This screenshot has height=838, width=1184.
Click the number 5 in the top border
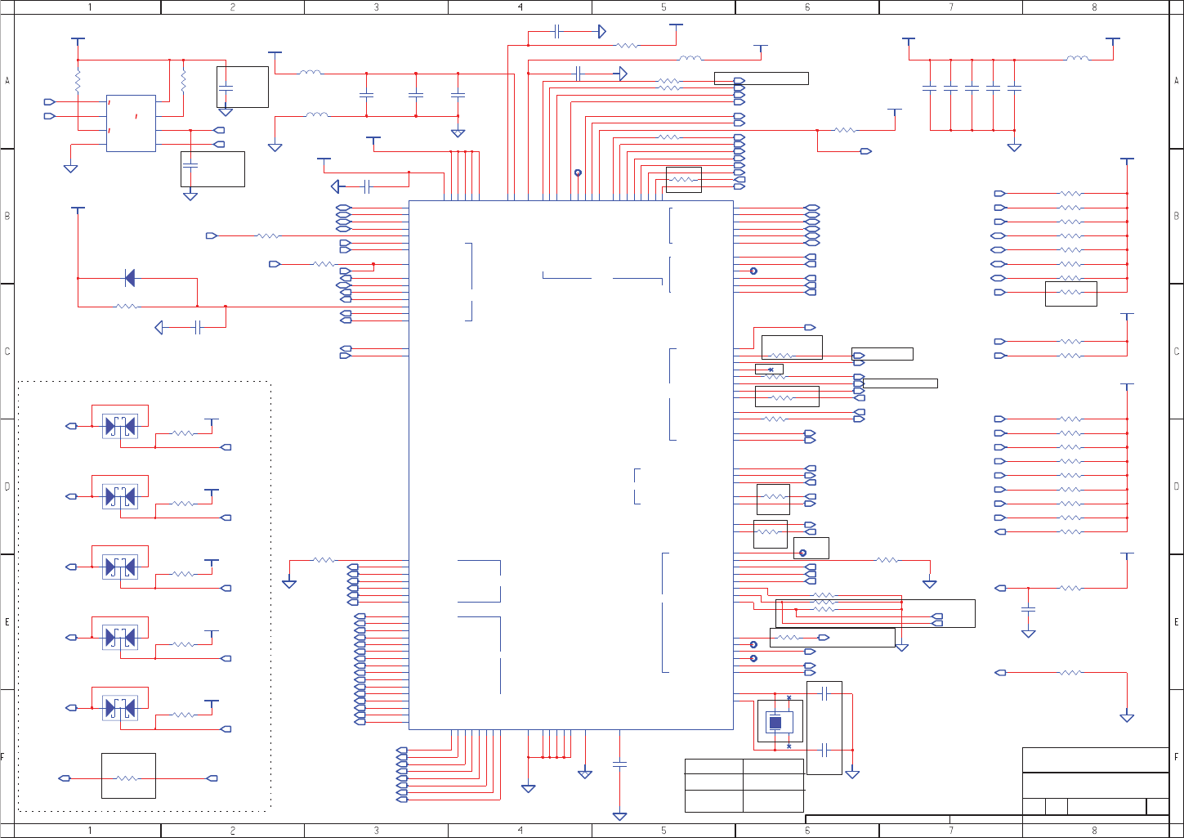click(x=663, y=7)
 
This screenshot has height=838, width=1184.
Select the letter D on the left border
click(x=7, y=486)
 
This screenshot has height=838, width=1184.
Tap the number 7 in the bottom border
click(x=951, y=831)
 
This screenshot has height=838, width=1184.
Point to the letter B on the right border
click(x=1177, y=216)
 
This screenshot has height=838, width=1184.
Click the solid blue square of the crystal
click(x=775, y=722)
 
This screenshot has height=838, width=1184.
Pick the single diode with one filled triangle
click(x=128, y=278)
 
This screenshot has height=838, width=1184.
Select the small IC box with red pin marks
click(x=131, y=123)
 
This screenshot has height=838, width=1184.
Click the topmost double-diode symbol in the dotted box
click(x=120, y=425)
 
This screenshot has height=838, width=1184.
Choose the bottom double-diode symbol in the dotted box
click(x=120, y=708)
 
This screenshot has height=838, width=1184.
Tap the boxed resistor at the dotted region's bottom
click(x=128, y=777)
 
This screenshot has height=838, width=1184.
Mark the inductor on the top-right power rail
click(x=1077, y=59)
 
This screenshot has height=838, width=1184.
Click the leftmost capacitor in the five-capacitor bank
click(x=929, y=87)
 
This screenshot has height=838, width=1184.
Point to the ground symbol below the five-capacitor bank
click(x=1014, y=148)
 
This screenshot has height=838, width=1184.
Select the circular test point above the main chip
click(x=578, y=173)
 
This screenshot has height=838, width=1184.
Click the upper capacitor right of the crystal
click(x=824, y=693)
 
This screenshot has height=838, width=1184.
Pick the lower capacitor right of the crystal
click(x=824, y=750)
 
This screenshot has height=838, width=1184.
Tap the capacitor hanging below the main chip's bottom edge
click(x=619, y=764)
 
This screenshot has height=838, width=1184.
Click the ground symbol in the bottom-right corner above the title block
click(x=1127, y=718)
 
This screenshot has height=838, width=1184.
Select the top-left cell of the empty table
click(x=713, y=767)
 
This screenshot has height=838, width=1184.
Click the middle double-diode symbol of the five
click(x=120, y=567)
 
